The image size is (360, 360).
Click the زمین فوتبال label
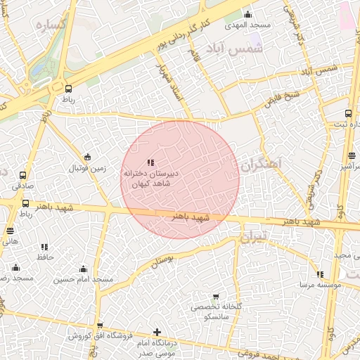87,169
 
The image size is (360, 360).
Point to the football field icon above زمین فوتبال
87,157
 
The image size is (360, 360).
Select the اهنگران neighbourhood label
259,164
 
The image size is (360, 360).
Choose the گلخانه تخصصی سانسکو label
215,312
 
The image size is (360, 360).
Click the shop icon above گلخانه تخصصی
215,297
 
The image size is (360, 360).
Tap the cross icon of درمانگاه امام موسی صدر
156,332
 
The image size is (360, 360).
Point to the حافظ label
46,258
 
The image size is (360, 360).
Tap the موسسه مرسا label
320,285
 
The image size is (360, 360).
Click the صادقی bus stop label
22,186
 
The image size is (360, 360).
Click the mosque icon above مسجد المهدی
247,15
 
